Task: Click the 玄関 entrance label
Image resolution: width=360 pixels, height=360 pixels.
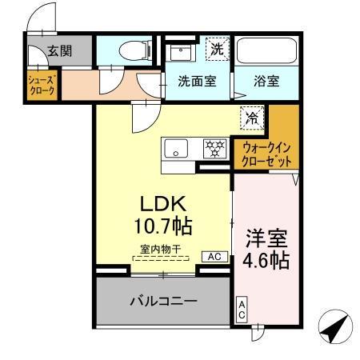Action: pyautogui.click(x=59, y=50)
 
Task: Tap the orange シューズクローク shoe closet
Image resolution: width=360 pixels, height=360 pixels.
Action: pyautogui.click(x=42, y=86)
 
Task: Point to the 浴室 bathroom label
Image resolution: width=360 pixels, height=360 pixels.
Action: pyautogui.click(x=267, y=82)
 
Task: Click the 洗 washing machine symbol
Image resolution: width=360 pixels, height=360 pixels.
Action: pyautogui.click(x=217, y=49)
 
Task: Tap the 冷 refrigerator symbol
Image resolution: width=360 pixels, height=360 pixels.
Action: pyautogui.click(x=251, y=116)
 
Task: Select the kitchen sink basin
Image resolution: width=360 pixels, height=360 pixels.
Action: pyautogui.click(x=177, y=148)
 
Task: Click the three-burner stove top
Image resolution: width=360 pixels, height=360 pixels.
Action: pyautogui.click(x=214, y=148)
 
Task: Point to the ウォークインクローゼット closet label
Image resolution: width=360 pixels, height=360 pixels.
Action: pyautogui.click(x=267, y=154)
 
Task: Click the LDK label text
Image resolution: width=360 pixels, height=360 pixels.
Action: pyautogui.click(x=164, y=202)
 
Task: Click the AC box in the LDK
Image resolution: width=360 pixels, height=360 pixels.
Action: pyautogui.click(x=214, y=257)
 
